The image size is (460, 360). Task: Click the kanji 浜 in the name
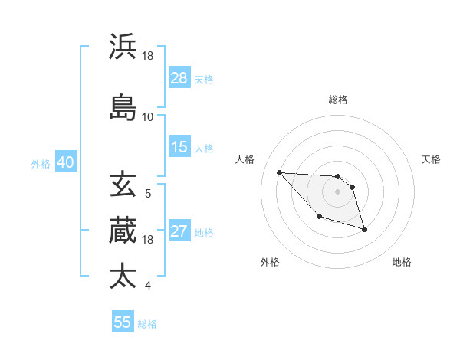[123, 47]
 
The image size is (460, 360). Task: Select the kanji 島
[123, 107]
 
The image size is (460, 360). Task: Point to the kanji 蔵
[123, 230]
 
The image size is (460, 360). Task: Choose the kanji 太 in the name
[123, 276]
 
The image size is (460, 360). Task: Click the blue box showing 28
[179, 78]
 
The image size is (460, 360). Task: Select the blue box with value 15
[179, 147]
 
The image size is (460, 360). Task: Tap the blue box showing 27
[179, 232]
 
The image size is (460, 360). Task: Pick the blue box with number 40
[65, 162]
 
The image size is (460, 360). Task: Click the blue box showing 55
[123, 322]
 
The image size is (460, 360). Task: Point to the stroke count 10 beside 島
[148, 116]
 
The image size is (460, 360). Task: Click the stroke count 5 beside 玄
[148, 193]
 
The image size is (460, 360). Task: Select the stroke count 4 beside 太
[148, 286]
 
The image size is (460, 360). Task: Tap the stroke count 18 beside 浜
[148, 55]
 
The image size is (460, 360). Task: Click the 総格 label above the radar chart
[338, 100]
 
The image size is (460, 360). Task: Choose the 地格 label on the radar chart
[402, 262]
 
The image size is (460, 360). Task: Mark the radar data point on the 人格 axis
[279, 172]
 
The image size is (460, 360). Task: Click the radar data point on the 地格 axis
[364, 229]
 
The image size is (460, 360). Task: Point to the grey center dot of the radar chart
[338, 191]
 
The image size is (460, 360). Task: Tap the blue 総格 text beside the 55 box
[147, 324]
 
